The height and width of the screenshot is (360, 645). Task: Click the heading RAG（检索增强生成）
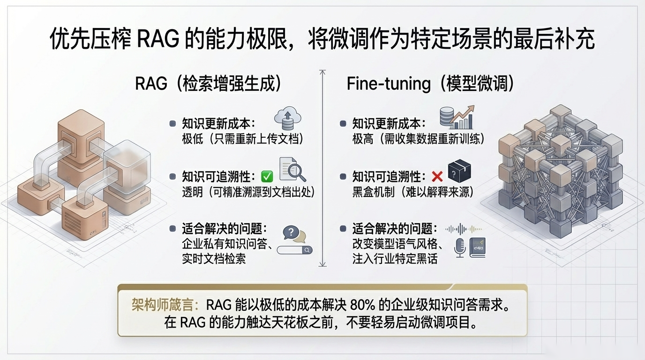pos(208,83)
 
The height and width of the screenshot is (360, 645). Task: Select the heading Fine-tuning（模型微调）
pos(430,83)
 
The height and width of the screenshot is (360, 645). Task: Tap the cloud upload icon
pos(288,118)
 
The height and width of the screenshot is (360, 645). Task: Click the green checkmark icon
pos(267,176)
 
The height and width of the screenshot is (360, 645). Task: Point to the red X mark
pos(437,176)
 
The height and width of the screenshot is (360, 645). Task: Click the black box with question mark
pos(459,172)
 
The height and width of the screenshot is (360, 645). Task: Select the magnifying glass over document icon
pos(292,170)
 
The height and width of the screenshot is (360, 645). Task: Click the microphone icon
pos(460,247)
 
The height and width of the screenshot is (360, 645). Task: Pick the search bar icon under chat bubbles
pos(294,250)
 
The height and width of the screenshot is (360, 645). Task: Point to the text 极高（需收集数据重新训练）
pos(418,139)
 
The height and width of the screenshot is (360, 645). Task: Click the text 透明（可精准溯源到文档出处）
pos(248,192)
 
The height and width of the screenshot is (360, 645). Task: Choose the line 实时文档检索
pos(214,259)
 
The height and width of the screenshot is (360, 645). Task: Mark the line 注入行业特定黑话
pos(395,259)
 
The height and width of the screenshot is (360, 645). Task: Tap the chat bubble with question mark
pos(292,233)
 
